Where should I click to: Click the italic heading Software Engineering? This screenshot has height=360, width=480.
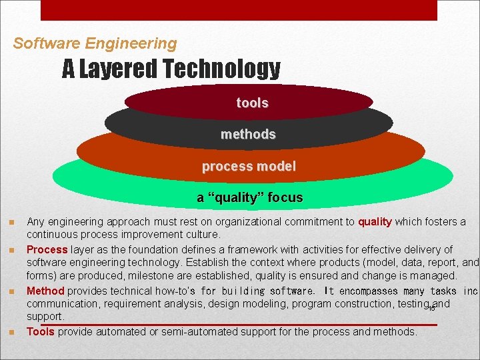[95, 44]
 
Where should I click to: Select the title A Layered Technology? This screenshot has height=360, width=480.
[171, 68]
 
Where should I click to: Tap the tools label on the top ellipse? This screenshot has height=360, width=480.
[252, 103]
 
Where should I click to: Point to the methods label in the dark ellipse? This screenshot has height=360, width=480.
[248, 134]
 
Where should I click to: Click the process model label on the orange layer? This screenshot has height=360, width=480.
[249, 166]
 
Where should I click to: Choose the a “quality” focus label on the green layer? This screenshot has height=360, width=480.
[249, 197]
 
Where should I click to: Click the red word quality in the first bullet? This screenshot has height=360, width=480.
[375, 222]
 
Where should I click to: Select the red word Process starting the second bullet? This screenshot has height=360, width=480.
[47, 249]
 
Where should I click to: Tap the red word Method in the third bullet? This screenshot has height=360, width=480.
[45, 291]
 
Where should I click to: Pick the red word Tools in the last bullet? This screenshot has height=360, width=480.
[41, 331]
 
